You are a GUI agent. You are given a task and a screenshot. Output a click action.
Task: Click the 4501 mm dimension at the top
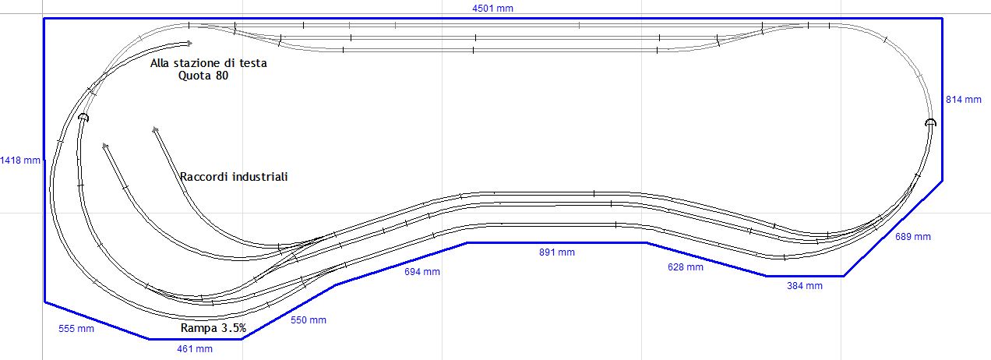(492, 9)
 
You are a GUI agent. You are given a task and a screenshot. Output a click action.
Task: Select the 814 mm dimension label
(963, 100)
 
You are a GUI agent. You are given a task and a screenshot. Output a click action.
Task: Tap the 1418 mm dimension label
(20, 160)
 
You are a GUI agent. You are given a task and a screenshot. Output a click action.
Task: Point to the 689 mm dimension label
(912, 236)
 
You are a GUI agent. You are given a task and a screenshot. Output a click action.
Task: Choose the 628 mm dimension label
(685, 267)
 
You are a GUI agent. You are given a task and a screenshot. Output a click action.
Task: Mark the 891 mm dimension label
(556, 252)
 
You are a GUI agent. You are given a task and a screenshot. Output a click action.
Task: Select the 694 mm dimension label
(421, 272)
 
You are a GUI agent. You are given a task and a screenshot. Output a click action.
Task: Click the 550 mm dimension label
(308, 320)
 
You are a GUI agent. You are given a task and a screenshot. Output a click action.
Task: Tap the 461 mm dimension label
(194, 349)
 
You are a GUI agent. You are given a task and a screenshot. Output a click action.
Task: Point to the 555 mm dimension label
(76, 329)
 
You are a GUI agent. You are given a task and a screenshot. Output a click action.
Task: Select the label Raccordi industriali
(234, 177)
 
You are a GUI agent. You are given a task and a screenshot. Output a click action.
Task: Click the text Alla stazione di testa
(208, 64)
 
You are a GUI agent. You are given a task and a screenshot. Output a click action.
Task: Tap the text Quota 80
(203, 76)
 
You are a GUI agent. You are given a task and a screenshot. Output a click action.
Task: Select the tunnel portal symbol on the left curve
(83, 118)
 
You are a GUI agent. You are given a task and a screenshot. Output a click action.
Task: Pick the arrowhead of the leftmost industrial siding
(104, 145)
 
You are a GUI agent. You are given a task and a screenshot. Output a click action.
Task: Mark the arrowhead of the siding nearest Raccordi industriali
(155, 129)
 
